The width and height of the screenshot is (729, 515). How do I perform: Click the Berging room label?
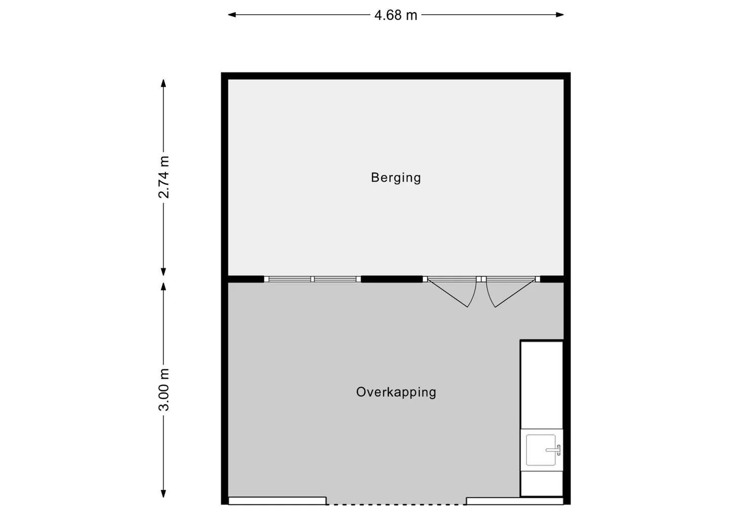pos(396,178)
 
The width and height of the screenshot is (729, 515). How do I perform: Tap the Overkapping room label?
pos(396,392)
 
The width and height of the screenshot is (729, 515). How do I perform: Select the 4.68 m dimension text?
pos(396,15)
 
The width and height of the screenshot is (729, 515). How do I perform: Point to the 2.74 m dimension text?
pos(164,177)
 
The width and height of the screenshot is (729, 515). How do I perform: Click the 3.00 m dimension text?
pos(164,390)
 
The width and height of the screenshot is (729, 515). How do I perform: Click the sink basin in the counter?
pos(541,450)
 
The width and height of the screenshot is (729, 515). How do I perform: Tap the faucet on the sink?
pos(554,450)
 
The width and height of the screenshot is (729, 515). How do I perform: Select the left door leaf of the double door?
pos(453,292)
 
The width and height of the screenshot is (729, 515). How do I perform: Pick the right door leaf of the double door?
pos(511,292)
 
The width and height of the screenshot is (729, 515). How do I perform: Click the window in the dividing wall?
pos(312,279)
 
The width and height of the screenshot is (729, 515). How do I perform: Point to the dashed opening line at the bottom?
pos(396,504)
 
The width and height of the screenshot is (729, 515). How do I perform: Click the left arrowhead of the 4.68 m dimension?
pos(232,15)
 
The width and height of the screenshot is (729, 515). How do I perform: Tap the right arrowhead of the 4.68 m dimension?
pos(560,15)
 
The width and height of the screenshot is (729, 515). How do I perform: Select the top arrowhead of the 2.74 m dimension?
pos(164,83)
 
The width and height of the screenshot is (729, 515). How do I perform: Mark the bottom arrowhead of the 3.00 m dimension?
pos(164,494)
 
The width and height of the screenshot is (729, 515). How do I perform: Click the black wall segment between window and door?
pos(392,279)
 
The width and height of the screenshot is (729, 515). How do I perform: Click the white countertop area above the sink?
pos(542,384)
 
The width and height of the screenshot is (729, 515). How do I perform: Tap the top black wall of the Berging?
pos(396,76)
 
